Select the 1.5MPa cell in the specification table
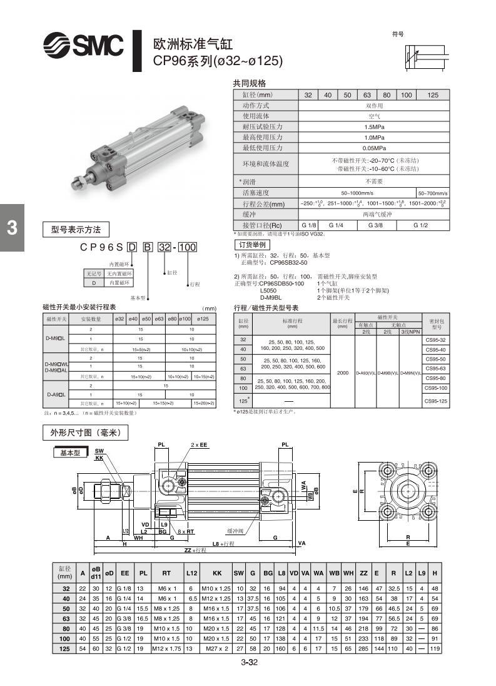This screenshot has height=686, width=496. coord(374,126)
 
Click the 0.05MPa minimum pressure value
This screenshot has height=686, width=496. coord(374,148)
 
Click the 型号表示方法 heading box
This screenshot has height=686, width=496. coord(76,228)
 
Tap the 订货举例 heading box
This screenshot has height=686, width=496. coord(253,245)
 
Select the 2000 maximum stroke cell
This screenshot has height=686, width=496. coord(342,373)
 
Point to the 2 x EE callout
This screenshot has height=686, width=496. coord(199,444)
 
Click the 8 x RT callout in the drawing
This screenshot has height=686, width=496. coord(186,531)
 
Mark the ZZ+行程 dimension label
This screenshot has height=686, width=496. coord(195,550)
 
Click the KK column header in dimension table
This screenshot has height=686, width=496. coord(217,573)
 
